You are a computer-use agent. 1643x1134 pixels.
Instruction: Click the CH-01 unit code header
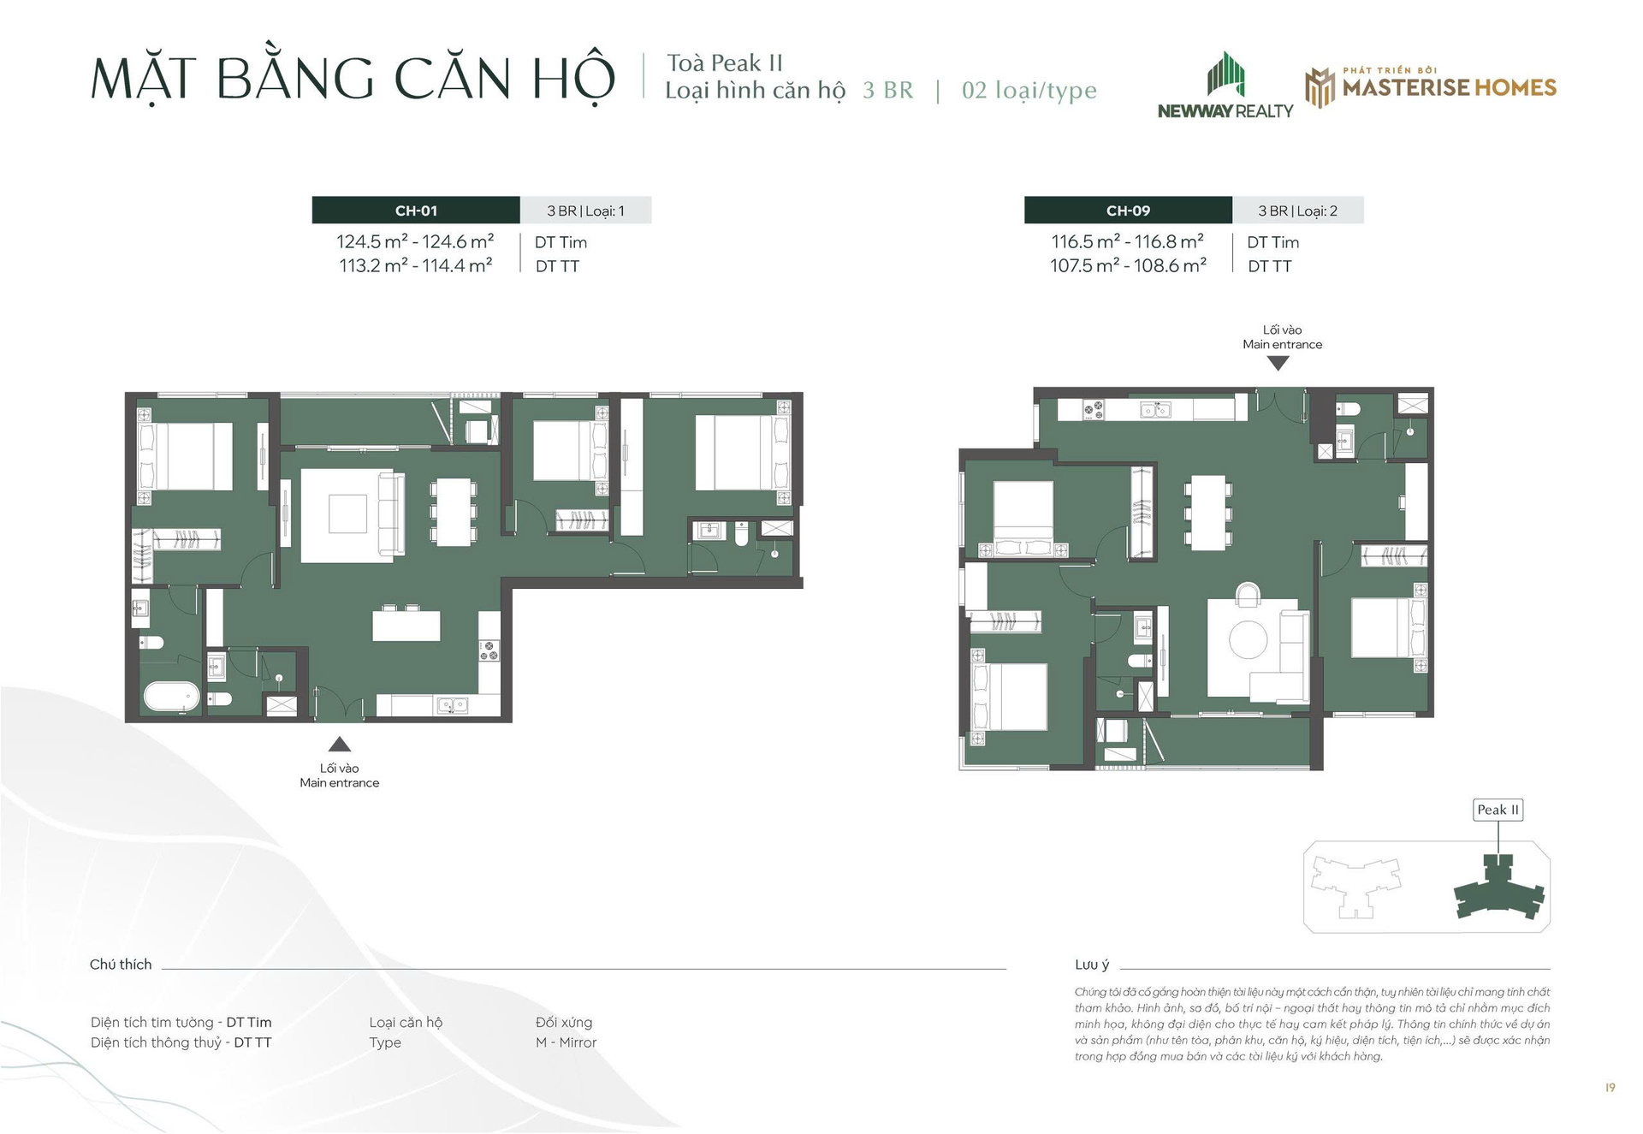tap(416, 211)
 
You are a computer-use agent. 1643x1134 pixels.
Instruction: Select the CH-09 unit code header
tap(1128, 211)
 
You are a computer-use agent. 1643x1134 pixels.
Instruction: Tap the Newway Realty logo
tap(1225, 86)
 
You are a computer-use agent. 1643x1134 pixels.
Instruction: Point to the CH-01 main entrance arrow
tap(340, 744)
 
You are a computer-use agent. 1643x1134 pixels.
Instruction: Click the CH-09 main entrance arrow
tap(1278, 363)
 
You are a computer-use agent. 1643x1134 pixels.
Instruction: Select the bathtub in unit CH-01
tap(171, 696)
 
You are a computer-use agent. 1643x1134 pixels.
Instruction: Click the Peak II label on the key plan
tap(1498, 810)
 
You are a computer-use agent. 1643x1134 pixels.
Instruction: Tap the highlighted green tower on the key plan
tap(1499, 892)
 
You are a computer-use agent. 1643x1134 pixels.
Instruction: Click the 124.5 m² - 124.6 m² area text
tap(415, 242)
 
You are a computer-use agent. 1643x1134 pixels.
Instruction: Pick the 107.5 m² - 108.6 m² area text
tap(1128, 266)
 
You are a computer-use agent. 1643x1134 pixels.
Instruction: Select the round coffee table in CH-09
tap(1248, 638)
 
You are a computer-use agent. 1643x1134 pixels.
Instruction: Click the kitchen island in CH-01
tap(406, 625)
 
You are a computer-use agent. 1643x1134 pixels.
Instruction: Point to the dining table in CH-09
tap(1208, 512)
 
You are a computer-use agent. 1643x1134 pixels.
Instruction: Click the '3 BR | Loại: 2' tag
tap(1297, 211)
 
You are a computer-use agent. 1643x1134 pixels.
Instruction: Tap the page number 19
tap(1610, 1088)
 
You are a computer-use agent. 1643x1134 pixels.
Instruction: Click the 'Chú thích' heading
tap(121, 965)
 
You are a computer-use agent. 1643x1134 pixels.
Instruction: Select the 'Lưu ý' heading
tap(1092, 965)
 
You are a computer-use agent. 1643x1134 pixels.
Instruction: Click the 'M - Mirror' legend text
tap(566, 1042)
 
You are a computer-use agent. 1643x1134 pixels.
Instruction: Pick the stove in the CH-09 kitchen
tap(1094, 410)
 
